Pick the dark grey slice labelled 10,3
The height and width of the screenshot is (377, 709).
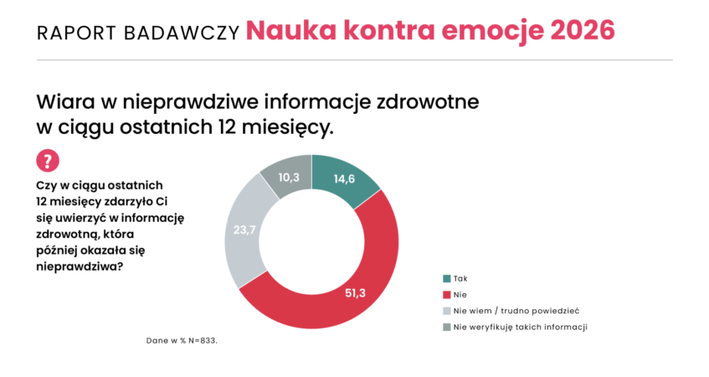tap(289, 177)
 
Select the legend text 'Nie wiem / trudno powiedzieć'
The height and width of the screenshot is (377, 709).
tap(516, 311)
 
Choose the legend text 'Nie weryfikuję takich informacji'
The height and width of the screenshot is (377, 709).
tap(520, 327)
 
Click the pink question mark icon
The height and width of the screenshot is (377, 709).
tap(48, 161)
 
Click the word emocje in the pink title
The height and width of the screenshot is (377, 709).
tap(494, 31)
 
